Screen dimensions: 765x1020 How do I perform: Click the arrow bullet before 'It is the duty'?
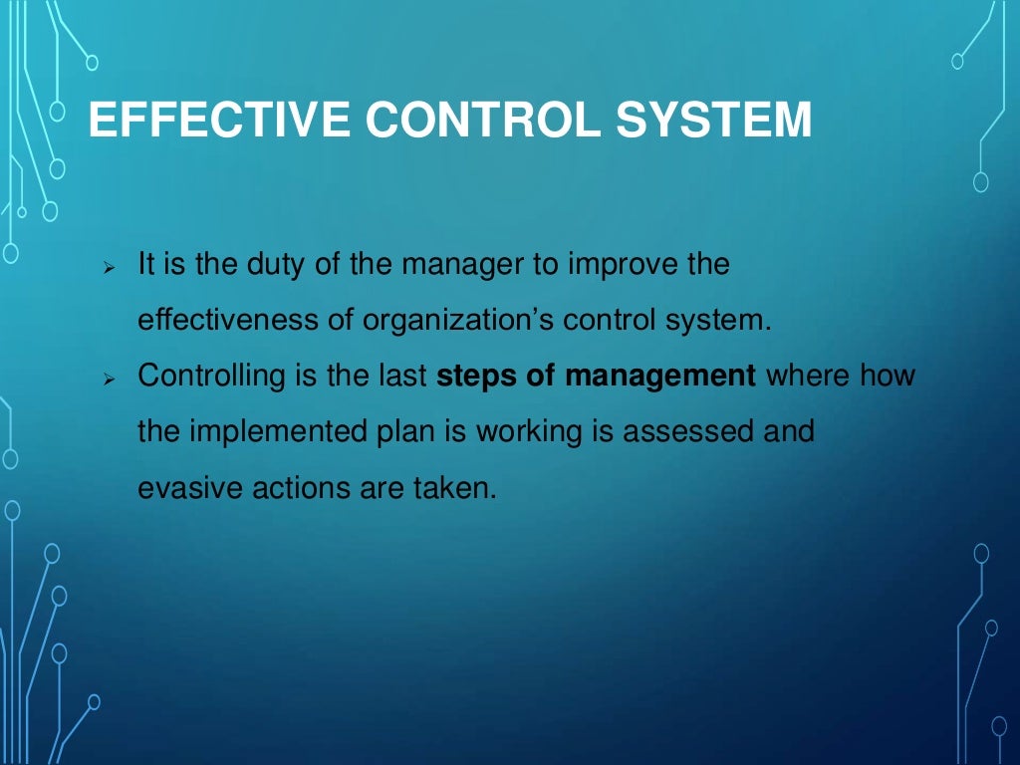tap(111, 269)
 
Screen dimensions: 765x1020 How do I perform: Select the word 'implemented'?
tap(267, 432)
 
